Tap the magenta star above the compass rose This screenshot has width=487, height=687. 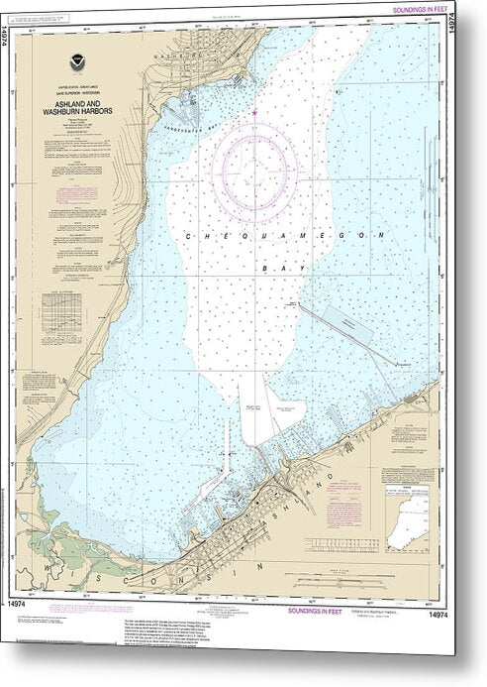255,112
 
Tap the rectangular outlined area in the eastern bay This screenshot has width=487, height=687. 342,323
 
